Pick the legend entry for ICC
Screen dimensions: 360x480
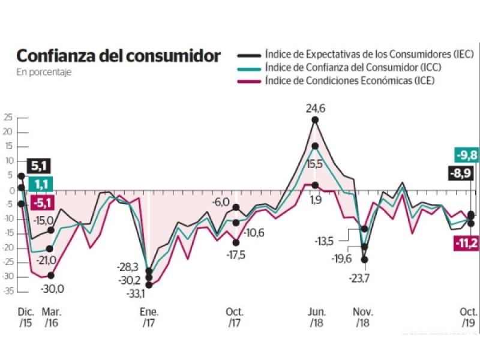click(x=344, y=68)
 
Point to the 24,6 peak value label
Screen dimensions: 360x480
click(x=315, y=108)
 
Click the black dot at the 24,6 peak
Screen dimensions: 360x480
click(x=315, y=120)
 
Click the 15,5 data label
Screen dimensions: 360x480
click(x=315, y=163)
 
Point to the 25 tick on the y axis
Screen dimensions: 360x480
click(x=7, y=118)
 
